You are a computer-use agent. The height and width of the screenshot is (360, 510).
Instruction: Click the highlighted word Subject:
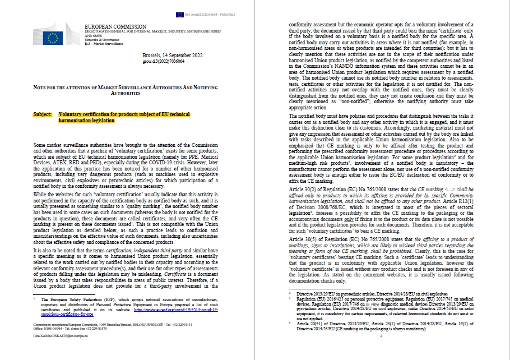point(44,113)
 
